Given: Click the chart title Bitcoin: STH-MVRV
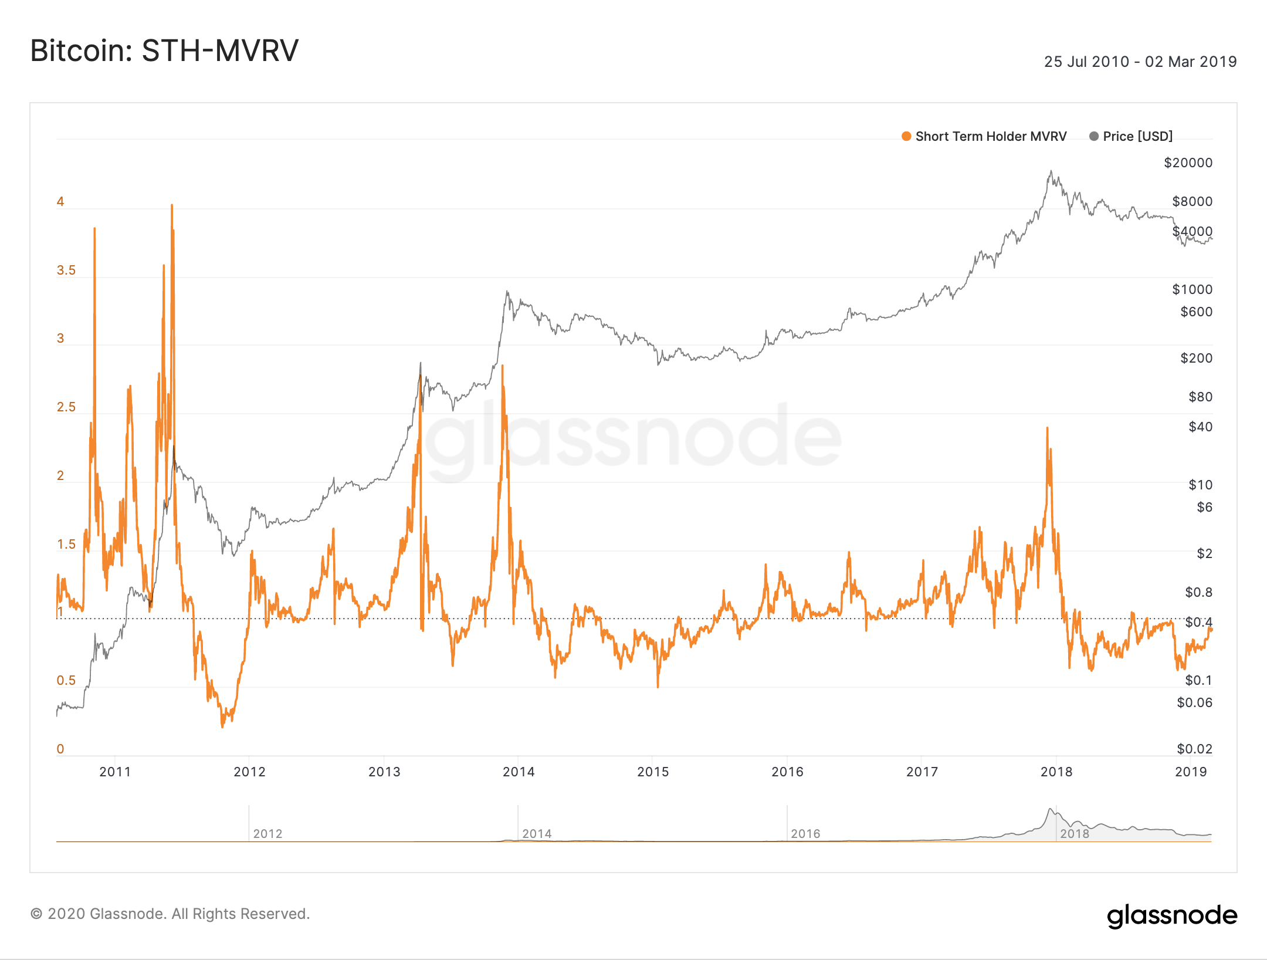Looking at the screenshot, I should (x=164, y=50).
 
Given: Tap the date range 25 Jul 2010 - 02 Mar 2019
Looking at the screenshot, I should (x=1140, y=62).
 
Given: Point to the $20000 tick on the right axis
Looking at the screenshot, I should (x=1188, y=163).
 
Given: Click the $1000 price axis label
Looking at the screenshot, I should (x=1192, y=289).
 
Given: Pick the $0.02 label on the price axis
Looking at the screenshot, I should (x=1194, y=749).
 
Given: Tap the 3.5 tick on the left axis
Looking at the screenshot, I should (x=66, y=270).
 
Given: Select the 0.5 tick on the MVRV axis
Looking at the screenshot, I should (x=66, y=680).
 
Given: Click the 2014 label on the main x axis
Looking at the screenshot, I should (x=519, y=772).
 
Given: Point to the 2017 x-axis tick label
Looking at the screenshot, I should (x=922, y=772).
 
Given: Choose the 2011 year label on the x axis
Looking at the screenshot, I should (x=115, y=772).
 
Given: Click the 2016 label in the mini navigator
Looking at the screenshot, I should (x=805, y=834).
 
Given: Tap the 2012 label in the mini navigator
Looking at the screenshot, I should (x=267, y=834).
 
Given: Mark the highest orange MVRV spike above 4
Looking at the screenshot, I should (x=172, y=205).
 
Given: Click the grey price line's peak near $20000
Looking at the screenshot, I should (x=1051, y=171).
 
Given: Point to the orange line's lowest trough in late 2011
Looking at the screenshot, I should (x=222, y=726).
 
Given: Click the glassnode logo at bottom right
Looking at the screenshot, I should (x=1172, y=915).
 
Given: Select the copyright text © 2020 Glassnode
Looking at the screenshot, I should (x=170, y=914).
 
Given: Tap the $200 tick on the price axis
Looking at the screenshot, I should (x=1196, y=358).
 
